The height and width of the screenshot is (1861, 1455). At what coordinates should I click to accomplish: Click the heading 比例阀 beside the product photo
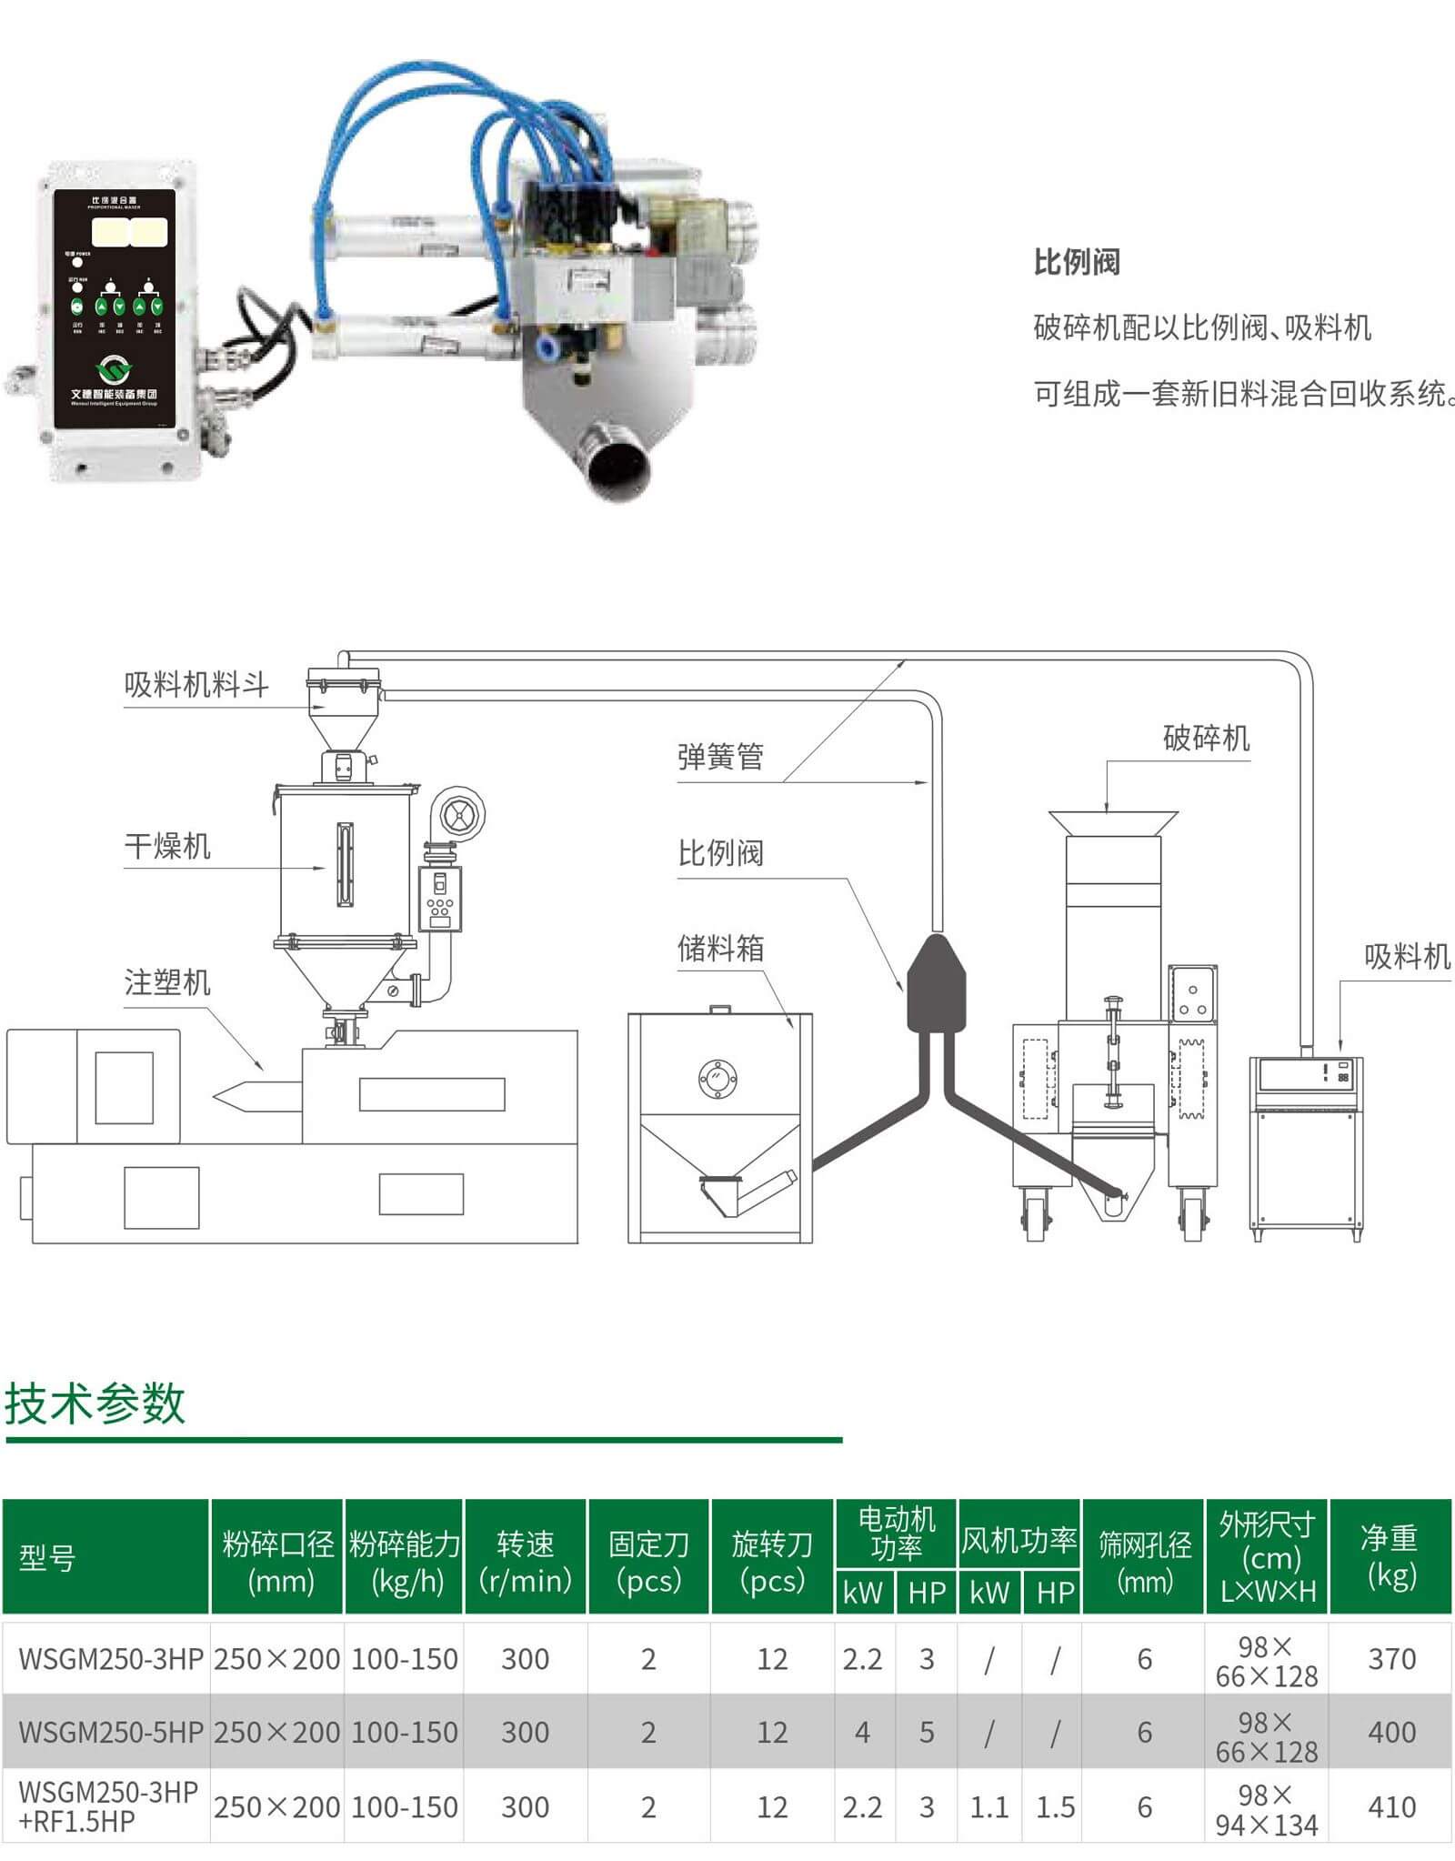point(1076,262)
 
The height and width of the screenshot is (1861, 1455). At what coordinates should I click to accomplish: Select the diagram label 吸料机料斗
point(196,684)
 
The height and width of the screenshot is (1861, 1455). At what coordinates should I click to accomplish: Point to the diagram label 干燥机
point(167,846)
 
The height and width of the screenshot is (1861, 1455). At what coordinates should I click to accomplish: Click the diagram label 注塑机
point(167,982)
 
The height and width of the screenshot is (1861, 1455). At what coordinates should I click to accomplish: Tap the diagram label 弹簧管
point(720,756)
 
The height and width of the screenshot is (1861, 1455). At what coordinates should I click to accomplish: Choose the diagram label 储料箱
point(720,948)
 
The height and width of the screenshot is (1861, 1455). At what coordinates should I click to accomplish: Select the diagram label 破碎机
point(1206,738)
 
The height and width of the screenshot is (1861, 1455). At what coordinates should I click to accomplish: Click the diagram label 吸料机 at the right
point(1406,956)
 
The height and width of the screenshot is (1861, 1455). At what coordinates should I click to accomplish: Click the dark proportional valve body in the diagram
point(937,987)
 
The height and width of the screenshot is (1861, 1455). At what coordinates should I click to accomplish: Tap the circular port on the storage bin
point(717,1079)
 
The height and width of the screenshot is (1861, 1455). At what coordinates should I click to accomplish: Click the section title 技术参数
point(95,1403)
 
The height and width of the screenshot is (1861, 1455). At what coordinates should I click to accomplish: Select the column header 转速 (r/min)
point(526,1561)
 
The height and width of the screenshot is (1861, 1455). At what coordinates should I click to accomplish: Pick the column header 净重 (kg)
point(1390,1556)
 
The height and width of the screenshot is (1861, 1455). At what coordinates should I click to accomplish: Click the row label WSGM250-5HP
point(110,1732)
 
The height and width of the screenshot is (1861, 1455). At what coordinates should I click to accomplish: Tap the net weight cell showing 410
point(1391,1806)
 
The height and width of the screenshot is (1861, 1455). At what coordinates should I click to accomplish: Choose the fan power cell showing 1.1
point(988,1807)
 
